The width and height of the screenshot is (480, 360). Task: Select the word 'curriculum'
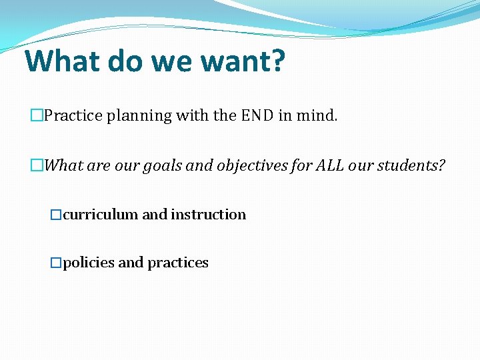(x=101, y=215)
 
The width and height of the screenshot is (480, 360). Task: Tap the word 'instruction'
(x=208, y=215)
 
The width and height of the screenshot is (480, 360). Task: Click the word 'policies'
(x=89, y=263)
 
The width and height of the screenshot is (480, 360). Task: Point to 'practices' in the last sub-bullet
(x=178, y=263)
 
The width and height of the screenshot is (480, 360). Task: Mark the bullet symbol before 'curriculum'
(x=56, y=215)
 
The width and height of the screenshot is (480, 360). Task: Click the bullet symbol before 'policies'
(x=56, y=263)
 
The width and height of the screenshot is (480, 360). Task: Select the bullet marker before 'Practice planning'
(x=37, y=116)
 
